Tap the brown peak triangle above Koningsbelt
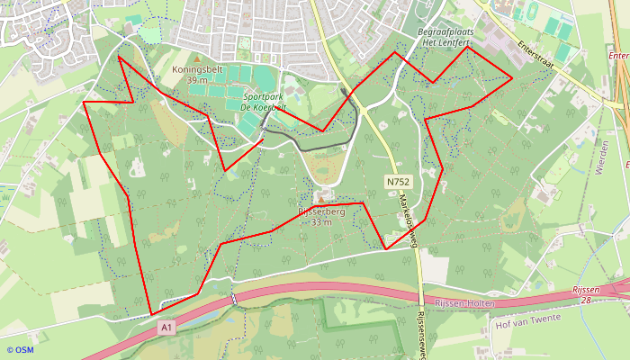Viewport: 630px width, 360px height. point(197,58)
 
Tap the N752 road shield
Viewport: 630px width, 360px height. point(397,181)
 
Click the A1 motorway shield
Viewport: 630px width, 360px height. point(166,328)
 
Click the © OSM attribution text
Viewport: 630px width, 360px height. point(20,350)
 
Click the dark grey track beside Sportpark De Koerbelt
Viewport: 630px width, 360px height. point(306,144)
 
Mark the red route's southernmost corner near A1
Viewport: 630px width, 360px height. point(150,315)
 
